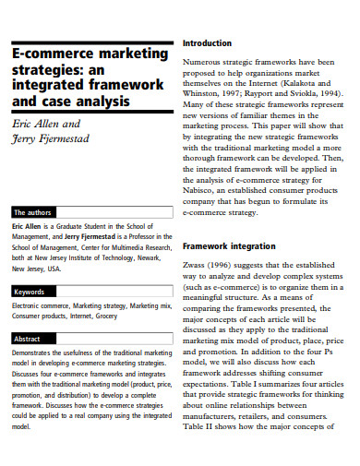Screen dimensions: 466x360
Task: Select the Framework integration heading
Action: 230,247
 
